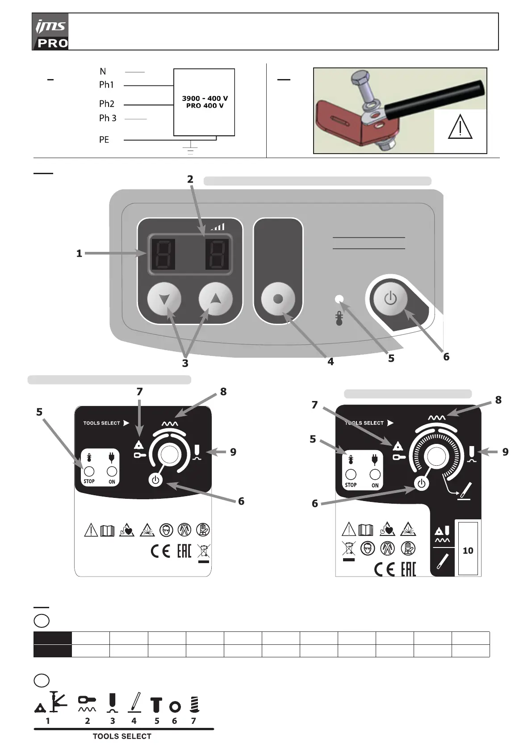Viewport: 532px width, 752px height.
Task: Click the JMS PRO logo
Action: (x=50, y=32)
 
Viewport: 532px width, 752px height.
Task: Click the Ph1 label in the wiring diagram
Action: (x=106, y=85)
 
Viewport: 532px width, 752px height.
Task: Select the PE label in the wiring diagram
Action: (x=104, y=140)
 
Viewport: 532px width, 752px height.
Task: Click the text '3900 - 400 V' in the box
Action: (x=205, y=98)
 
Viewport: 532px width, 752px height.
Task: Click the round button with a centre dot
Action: (x=278, y=299)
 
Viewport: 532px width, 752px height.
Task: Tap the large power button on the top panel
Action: (x=390, y=298)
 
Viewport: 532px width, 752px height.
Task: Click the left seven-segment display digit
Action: (x=163, y=254)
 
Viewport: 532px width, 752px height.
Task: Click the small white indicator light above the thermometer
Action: (x=339, y=299)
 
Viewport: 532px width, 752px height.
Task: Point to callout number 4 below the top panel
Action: (x=331, y=362)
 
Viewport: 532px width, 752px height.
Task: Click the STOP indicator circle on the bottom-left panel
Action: (x=88, y=471)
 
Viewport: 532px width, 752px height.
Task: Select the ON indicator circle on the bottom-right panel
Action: (x=375, y=474)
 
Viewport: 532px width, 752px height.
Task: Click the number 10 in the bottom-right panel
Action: (x=468, y=551)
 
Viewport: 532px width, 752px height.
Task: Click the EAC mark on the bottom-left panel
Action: (x=184, y=551)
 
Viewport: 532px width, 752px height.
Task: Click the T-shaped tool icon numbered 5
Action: (x=156, y=704)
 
